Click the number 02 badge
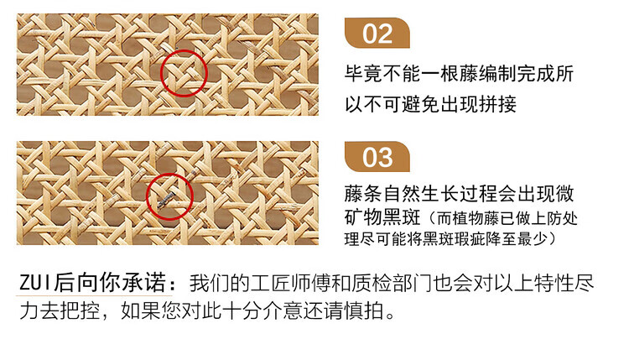(x=377, y=34)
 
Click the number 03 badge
(x=377, y=157)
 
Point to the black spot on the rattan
(x=167, y=199)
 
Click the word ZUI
(x=36, y=283)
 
